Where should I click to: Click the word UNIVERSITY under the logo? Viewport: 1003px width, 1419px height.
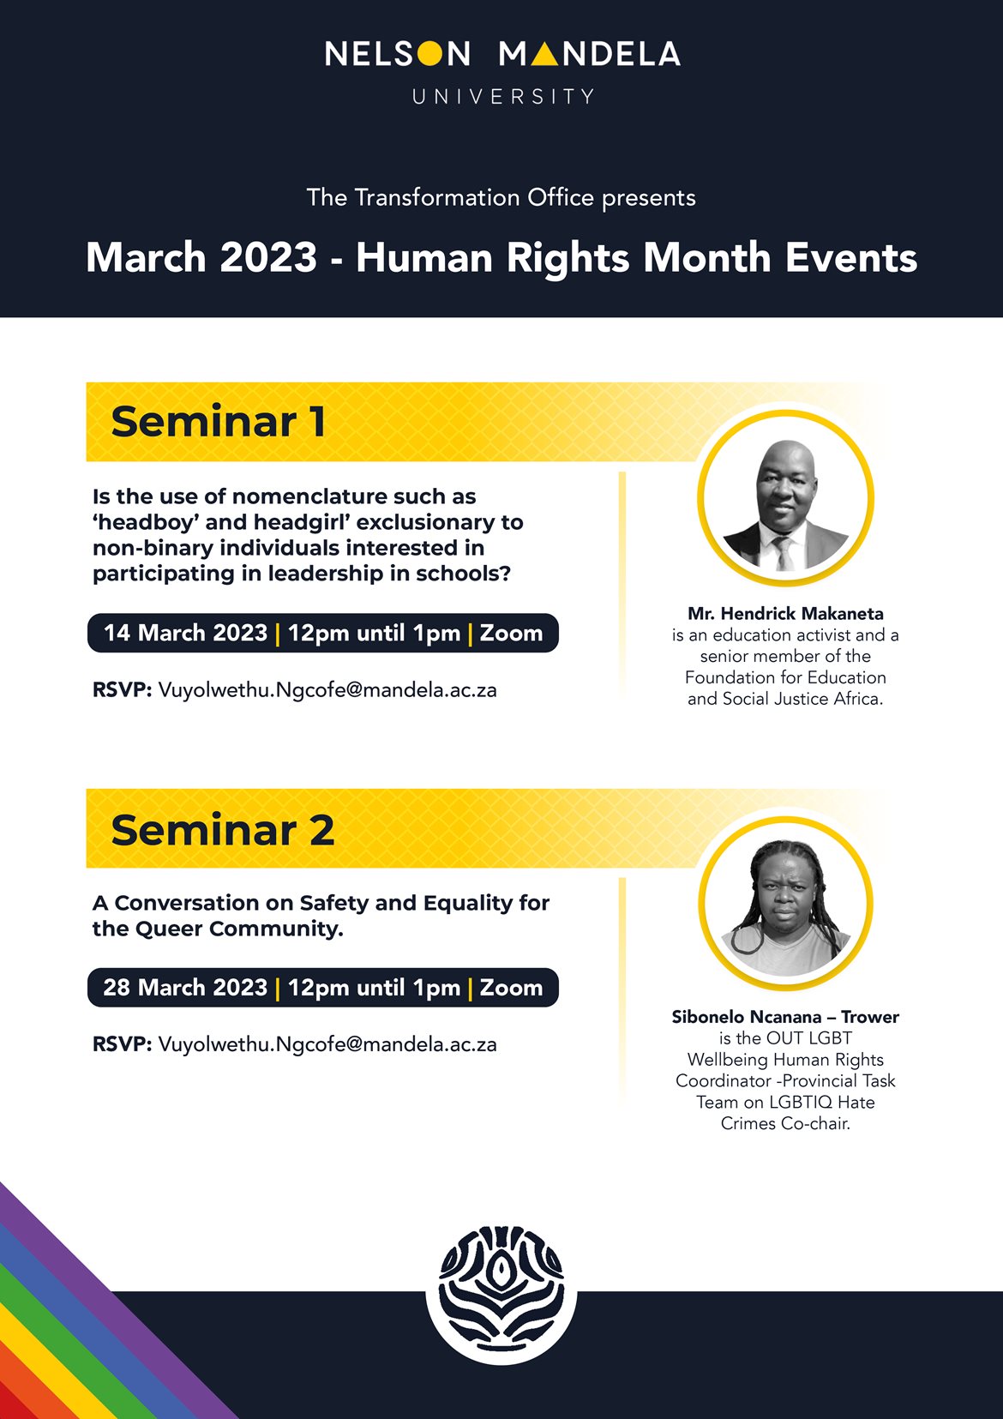tap(502, 96)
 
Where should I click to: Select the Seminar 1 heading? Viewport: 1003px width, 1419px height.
tap(219, 421)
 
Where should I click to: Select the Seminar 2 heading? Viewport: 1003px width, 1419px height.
tap(222, 830)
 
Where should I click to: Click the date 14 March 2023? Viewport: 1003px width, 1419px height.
tap(185, 633)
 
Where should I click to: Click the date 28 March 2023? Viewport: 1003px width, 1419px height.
tap(185, 987)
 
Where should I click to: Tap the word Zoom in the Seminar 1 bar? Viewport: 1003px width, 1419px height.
tap(511, 633)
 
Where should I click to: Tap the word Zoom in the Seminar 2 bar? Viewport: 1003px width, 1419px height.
tap(511, 987)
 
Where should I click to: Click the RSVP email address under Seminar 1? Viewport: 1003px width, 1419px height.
tap(327, 690)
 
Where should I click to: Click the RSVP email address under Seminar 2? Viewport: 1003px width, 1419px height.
tap(327, 1044)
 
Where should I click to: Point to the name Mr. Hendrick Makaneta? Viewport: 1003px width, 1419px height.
tap(785, 613)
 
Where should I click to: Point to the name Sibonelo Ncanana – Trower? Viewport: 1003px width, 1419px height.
tap(785, 1017)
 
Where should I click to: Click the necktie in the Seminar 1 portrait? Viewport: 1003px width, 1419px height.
tap(784, 552)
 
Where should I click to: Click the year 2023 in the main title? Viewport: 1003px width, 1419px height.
tap(268, 258)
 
